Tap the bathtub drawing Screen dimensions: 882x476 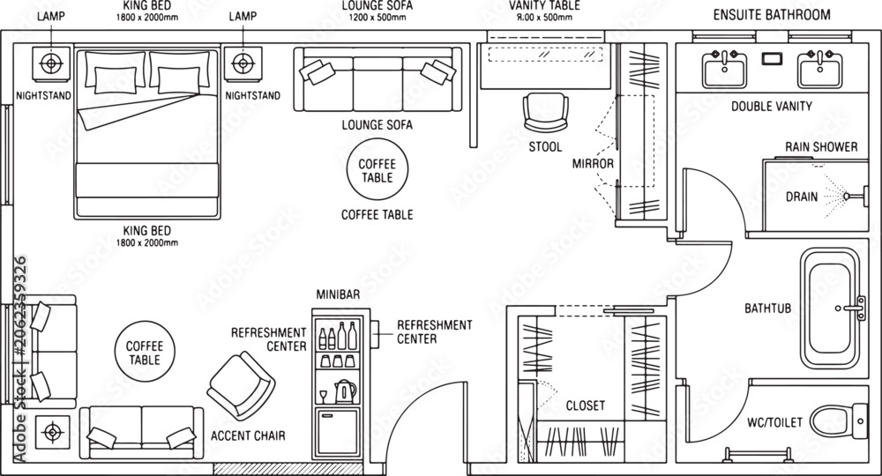tap(830, 309)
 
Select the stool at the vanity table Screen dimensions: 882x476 tap(545, 113)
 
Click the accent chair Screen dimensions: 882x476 tap(241, 386)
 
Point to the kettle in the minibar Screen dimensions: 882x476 tap(345, 391)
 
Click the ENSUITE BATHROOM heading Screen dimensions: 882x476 tap(772, 15)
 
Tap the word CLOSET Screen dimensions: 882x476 tap(586, 405)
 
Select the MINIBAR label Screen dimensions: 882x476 tap(338, 294)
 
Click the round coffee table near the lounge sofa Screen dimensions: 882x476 tap(377, 169)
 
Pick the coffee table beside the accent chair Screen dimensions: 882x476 tap(145, 352)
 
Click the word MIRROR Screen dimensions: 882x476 tap(593, 164)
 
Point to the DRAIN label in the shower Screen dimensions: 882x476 tap(802, 197)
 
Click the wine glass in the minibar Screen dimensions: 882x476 tap(323, 396)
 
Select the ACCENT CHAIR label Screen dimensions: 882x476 tap(248, 435)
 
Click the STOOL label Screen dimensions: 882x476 tap(545, 147)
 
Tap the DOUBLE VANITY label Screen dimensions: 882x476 tap(772, 106)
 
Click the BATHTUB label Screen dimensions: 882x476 tap(768, 309)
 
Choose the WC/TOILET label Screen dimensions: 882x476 tap(774, 422)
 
